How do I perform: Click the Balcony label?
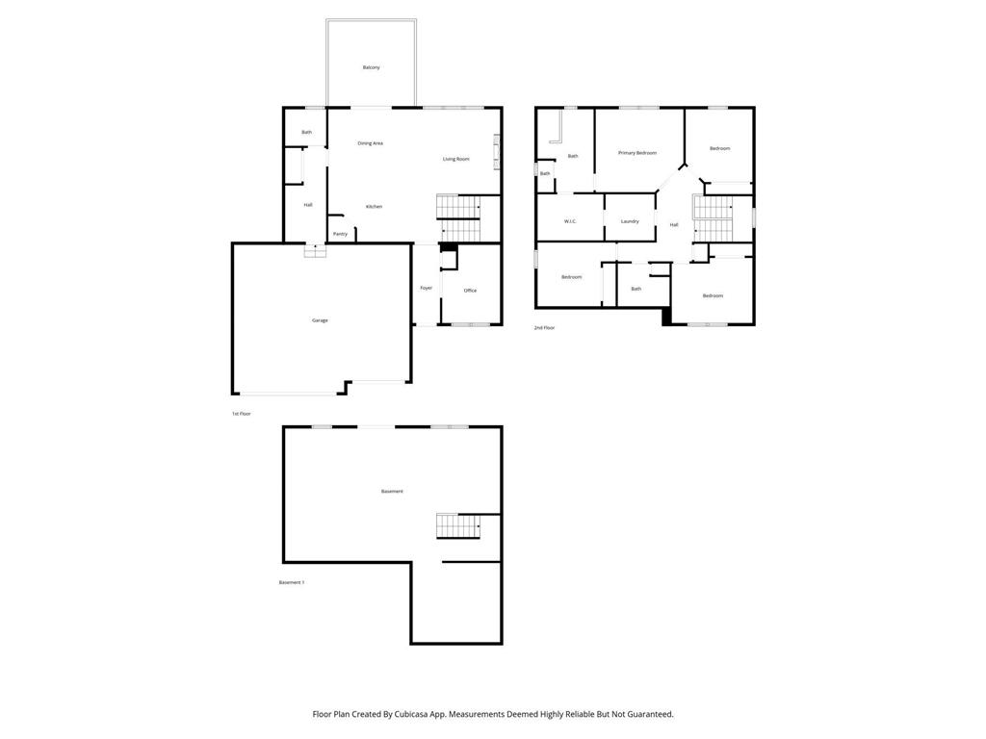click(x=371, y=67)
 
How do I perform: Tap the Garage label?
click(x=320, y=320)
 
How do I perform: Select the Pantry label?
click(x=340, y=234)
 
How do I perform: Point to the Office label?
click(x=470, y=291)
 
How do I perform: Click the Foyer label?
click(x=426, y=288)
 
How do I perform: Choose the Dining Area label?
click(x=370, y=143)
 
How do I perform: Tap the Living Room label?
click(x=455, y=159)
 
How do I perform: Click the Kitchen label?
click(x=374, y=207)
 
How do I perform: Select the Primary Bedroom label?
click(x=637, y=153)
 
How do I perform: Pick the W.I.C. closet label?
click(x=569, y=222)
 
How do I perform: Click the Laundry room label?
click(x=630, y=222)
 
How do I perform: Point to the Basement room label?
click(x=392, y=492)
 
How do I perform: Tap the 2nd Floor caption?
click(x=544, y=328)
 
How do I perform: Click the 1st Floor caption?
click(x=241, y=414)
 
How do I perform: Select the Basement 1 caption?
click(x=292, y=582)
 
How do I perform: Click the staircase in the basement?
click(x=458, y=526)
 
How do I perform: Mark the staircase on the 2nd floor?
click(x=714, y=218)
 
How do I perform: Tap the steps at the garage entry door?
click(x=315, y=251)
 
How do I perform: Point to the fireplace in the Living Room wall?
click(x=497, y=152)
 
